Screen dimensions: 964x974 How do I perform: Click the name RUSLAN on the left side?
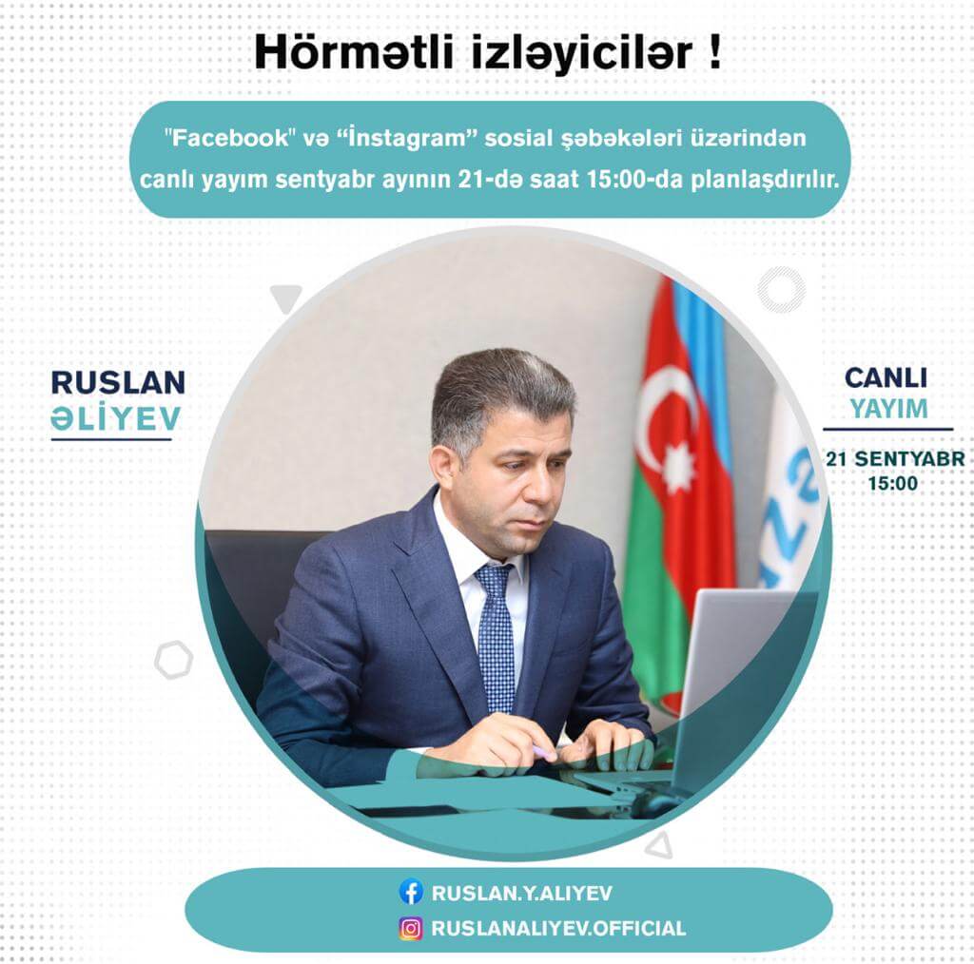point(118,382)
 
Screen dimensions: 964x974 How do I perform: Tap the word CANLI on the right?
point(886,378)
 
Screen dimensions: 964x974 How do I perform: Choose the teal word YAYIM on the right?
point(887,409)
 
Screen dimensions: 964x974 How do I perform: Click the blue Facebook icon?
point(411,892)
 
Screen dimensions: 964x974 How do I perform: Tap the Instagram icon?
point(411,928)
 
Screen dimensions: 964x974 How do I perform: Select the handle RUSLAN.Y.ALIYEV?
point(522,893)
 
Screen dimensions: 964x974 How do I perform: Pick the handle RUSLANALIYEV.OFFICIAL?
point(558,929)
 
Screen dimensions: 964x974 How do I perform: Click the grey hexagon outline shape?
point(174,660)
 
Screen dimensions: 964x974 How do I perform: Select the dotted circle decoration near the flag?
point(781,289)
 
